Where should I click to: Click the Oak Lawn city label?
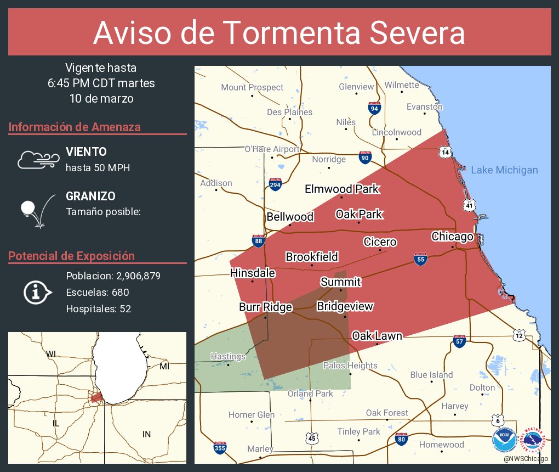[377, 335]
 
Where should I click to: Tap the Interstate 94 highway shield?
[374, 108]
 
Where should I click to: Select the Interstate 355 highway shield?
[219, 447]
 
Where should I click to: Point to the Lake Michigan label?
[504, 170]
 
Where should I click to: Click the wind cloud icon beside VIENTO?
[38, 159]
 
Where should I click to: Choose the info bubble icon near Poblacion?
[37, 293]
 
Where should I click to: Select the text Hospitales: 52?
[99, 309]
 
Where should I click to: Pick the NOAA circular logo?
[504, 440]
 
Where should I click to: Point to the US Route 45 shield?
[312, 438]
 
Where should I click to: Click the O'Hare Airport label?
[272, 149]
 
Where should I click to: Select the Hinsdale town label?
[253, 273]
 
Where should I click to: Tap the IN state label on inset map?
[146, 434]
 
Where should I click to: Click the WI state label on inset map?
[51, 353]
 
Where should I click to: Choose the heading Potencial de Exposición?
[71, 256]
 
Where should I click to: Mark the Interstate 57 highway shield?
[460, 341]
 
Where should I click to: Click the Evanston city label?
[424, 106]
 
